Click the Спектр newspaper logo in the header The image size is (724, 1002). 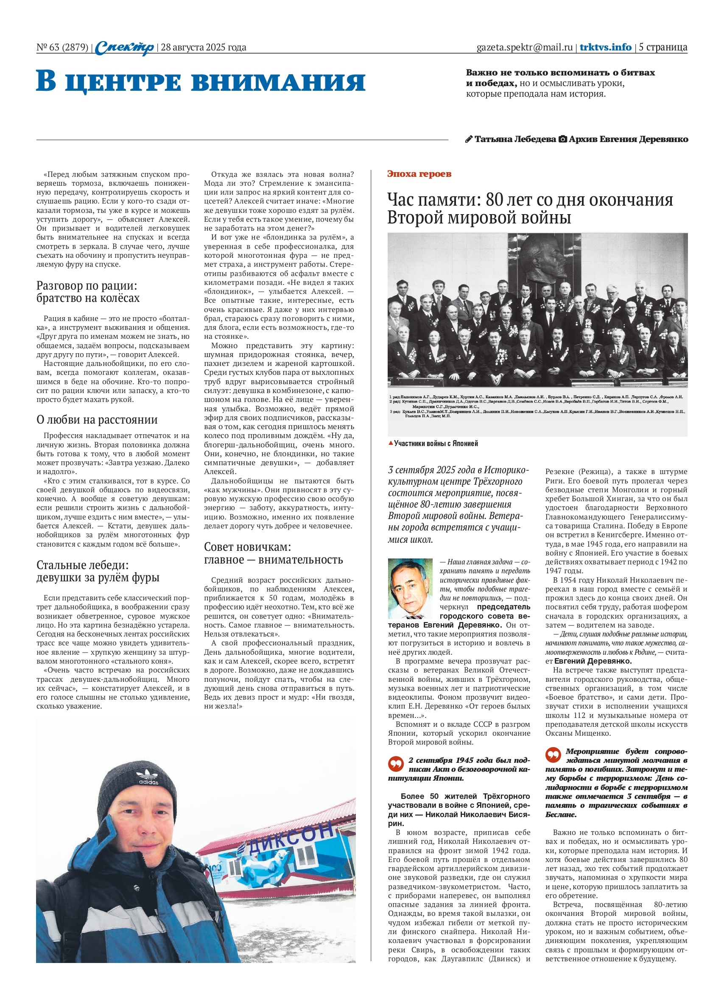pyautogui.click(x=125, y=47)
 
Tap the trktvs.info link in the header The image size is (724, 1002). pyautogui.click(x=605, y=47)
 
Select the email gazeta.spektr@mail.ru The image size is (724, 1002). pyautogui.click(x=524, y=47)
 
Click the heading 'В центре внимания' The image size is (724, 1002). pyautogui.click(x=201, y=82)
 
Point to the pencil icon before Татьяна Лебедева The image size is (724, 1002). pyautogui.click(x=469, y=140)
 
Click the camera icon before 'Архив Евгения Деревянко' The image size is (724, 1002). pyautogui.click(x=563, y=140)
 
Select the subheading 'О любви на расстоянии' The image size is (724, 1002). pyautogui.click(x=97, y=419)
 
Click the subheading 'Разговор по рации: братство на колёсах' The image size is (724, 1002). pyautogui.click(x=87, y=292)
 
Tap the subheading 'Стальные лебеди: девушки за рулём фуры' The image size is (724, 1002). pyautogui.click(x=98, y=571)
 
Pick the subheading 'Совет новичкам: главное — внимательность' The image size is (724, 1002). pyautogui.click(x=273, y=553)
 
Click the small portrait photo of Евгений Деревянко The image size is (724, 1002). pyautogui.click(x=410, y=589)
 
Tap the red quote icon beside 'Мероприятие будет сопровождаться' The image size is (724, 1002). pyautogui.click(x=553, y=755)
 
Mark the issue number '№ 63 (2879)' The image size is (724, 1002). pyautogui.click(x=62, y=47)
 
